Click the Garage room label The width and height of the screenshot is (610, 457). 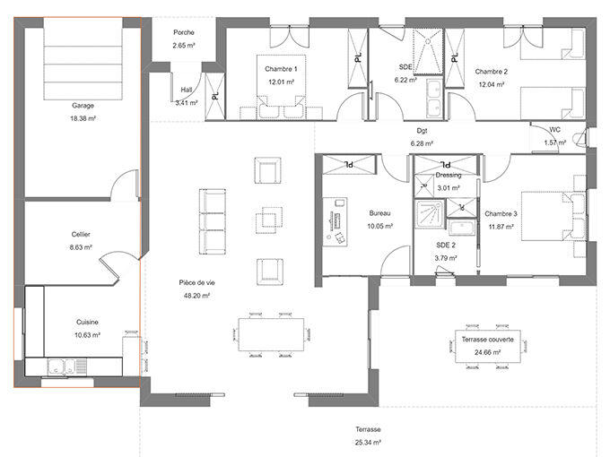(83, 105)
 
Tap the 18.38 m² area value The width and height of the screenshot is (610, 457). (83, 116)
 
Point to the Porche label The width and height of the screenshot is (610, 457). (184, 32)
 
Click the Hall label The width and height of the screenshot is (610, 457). (187, 90)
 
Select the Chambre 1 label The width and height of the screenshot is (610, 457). (281, 69)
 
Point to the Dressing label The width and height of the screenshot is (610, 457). (448, 176)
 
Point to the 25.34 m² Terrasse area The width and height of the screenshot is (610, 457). (367, 442)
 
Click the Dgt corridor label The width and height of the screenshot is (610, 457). (422, 131)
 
